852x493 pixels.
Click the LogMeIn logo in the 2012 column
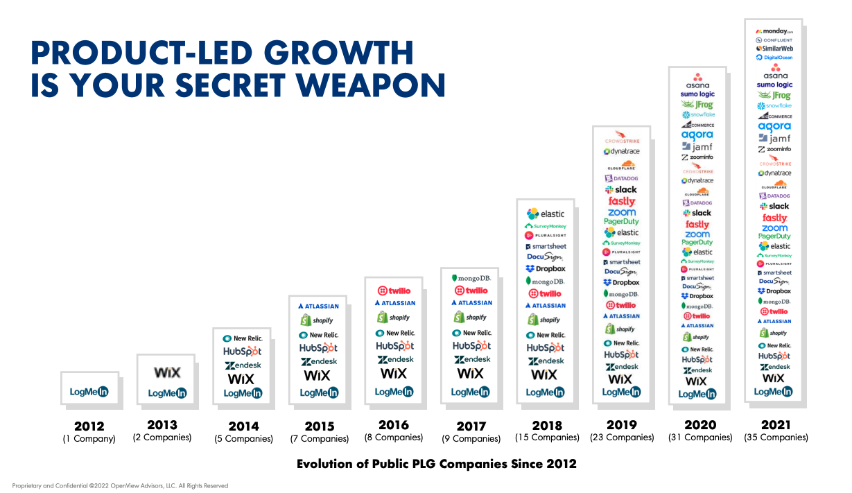click(x=89, y=392)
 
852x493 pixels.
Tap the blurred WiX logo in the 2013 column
click(x=166, y=372)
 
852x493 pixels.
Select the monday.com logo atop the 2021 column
click(x=774, y=31)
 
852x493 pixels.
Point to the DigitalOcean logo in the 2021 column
click(x=774, y=58)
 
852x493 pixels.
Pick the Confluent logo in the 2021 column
click(x=774, y=40)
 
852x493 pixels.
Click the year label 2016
click(x=393, y=425)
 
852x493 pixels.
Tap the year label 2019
click(x=621, y=424)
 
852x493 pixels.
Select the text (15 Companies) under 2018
click(x=547, y=438)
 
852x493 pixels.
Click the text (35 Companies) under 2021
click(x=776, y=438)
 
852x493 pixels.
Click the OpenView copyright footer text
click(x=120, y=486)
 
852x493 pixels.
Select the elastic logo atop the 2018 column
click(x=546, y=214)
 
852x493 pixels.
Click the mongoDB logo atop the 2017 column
click(x=471, y=278)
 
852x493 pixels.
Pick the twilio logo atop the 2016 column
click(x=394, y=291)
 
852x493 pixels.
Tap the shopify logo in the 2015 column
click(x=317, y=320)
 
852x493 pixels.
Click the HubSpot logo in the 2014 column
click(x=242, y=352)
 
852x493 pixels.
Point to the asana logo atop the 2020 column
click(x=697, y=81)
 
